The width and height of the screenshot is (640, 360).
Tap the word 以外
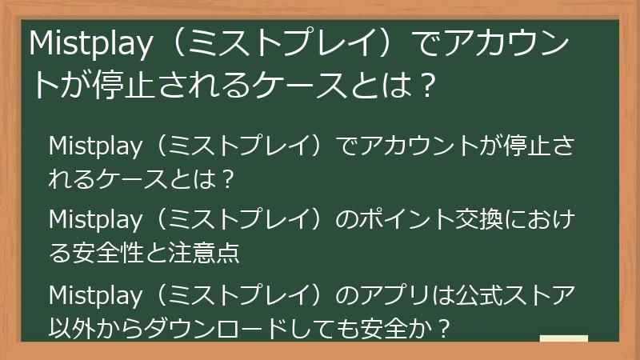click(68, 329)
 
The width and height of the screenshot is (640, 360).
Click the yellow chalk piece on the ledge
click(564, 338)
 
